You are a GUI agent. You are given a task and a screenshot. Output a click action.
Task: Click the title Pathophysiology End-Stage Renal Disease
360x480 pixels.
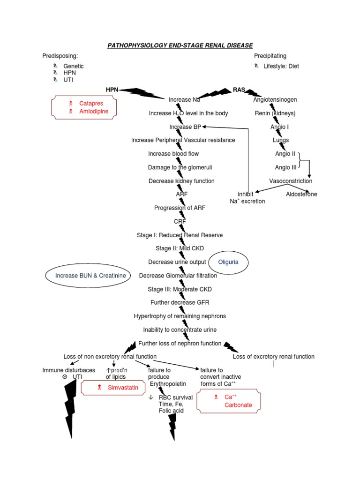coord(180,45)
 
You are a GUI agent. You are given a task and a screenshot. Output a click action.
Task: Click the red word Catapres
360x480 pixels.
coord(91,103)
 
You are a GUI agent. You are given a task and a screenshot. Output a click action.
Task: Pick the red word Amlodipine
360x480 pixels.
coord(94,112)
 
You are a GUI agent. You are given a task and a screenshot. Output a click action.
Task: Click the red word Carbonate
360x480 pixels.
coord(238,405)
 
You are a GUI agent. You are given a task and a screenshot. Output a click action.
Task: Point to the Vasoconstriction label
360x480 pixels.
coord(291,181)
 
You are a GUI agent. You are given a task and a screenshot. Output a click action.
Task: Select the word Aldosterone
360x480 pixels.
coord(301,194)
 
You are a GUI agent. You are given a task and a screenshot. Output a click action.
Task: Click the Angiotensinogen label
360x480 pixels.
coord(275,100)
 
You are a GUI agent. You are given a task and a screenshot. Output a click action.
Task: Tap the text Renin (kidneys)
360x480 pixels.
coord(275,113)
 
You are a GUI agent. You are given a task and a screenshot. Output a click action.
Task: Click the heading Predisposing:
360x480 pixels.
coord(60,56)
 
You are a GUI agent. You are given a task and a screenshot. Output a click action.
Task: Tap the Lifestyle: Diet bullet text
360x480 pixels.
coord(281,66)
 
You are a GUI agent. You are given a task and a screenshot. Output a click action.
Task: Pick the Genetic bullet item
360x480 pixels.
coord(74,67)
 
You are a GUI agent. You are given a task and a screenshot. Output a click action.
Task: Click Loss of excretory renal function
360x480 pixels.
coord(274,357)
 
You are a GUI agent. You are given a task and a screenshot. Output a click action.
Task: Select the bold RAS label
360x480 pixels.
coord(239,90)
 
